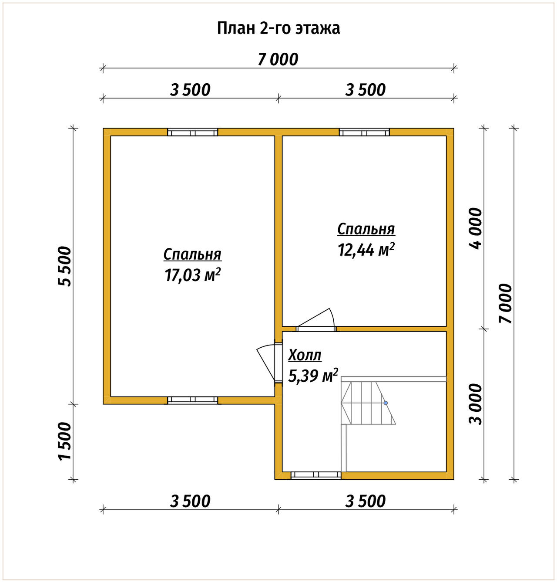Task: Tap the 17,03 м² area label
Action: click(x=193, y=275)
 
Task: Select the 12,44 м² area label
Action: click(x=366, y=249)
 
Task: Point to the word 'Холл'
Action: click(x=305, y=355)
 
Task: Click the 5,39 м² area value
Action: click(x=313, y=376)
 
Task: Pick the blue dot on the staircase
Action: click(x=386, y=403)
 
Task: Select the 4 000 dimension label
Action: click(x=476, y=229)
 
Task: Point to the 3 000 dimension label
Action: click(x=476, y=404)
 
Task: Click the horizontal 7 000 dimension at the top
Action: click(x=278, y=59)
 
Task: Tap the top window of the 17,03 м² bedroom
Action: click(x=193, y=132)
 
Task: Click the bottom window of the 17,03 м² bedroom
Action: click(x=193, y=400)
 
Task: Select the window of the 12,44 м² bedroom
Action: click(x=364, y=132)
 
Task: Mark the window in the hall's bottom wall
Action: click(x=316, y=475)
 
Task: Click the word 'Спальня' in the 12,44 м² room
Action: click(x=366, y=230)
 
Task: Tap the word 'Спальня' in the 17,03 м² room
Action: click(x=192, y=255)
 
